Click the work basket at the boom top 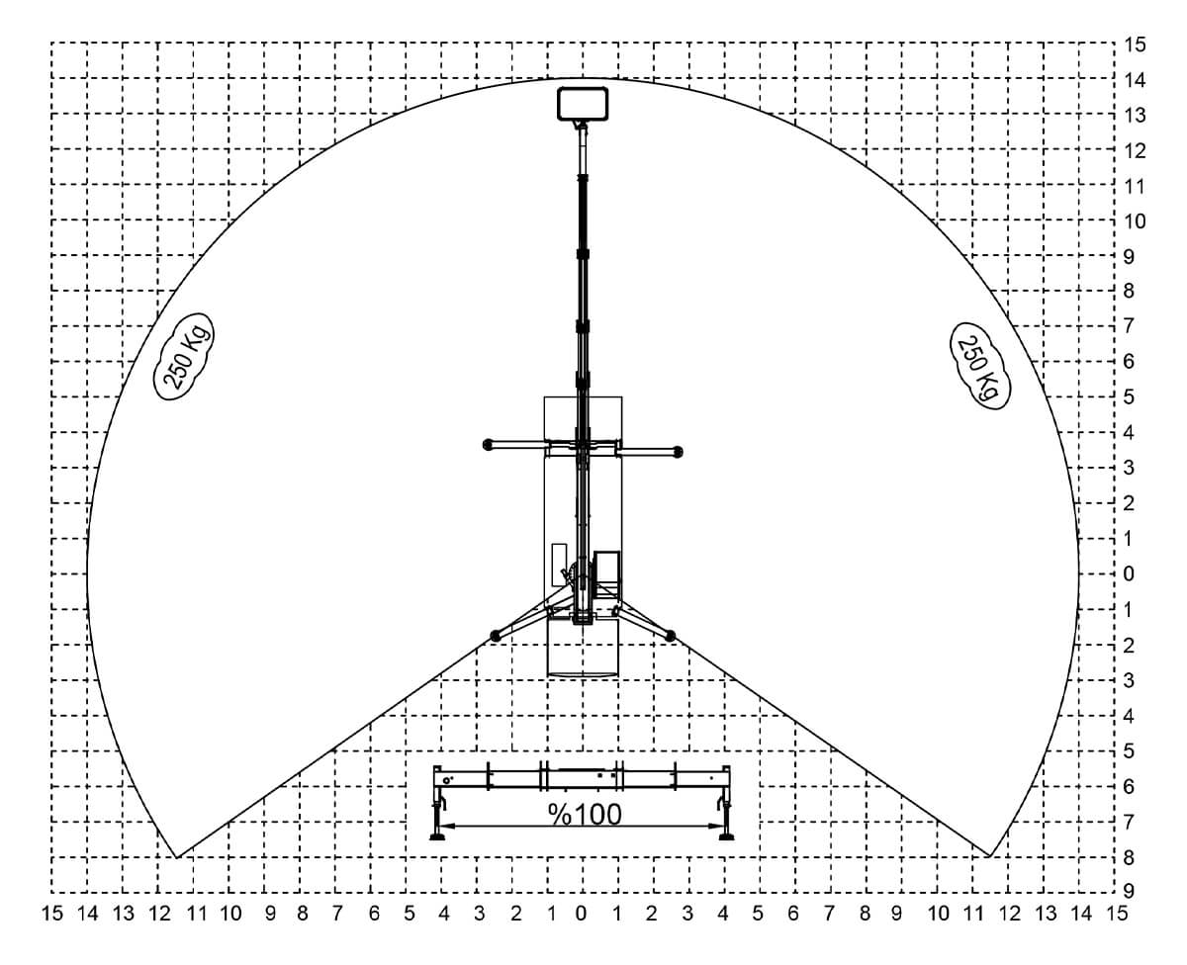(x=583, y=104)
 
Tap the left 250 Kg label (x=184, y=356)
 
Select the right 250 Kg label (x=980, y=366)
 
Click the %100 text (x=585, y=815)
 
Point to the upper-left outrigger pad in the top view (x=489, y=444)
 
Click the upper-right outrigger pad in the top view (x=678, y=452)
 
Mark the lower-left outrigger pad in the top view (x=495, y=636)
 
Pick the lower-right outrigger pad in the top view (x=670, y=636)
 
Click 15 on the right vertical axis (x=1135, y=44)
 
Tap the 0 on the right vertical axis (x=1129, y=573)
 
